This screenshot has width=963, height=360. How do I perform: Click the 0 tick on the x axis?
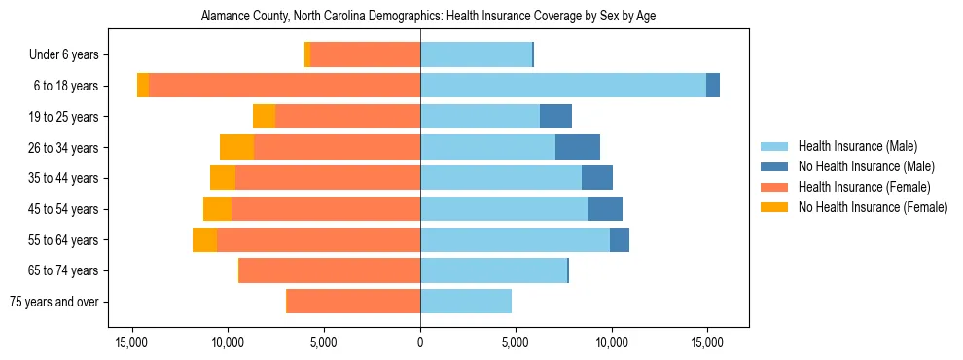(420, 342)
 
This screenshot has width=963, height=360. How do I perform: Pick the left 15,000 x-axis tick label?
(131, 342)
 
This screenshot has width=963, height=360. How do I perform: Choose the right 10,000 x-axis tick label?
(612, 342)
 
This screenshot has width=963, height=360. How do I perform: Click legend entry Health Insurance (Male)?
(857, 146)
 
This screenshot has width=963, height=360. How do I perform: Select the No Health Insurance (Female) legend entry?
(873, 207)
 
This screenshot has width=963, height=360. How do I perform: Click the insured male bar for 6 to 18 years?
(563, 86)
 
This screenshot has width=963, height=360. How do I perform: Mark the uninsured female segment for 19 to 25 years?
(264, 117)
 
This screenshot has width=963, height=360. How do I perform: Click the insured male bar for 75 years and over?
(466, 302)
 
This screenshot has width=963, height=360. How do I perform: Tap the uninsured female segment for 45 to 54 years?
(217, 209)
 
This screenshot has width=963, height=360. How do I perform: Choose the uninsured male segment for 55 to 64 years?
(620, 239)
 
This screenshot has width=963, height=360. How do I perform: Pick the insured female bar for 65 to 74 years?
(330, 270)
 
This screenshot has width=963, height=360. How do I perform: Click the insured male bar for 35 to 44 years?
(501, 178)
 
